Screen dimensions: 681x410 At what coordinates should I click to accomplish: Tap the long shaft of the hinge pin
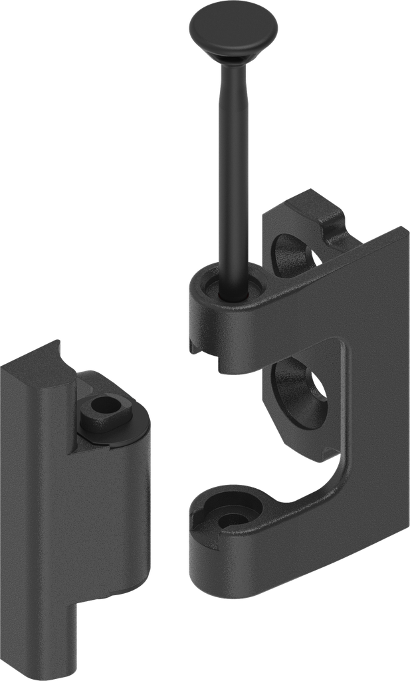pyautogui.click(x=235, y=166)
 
